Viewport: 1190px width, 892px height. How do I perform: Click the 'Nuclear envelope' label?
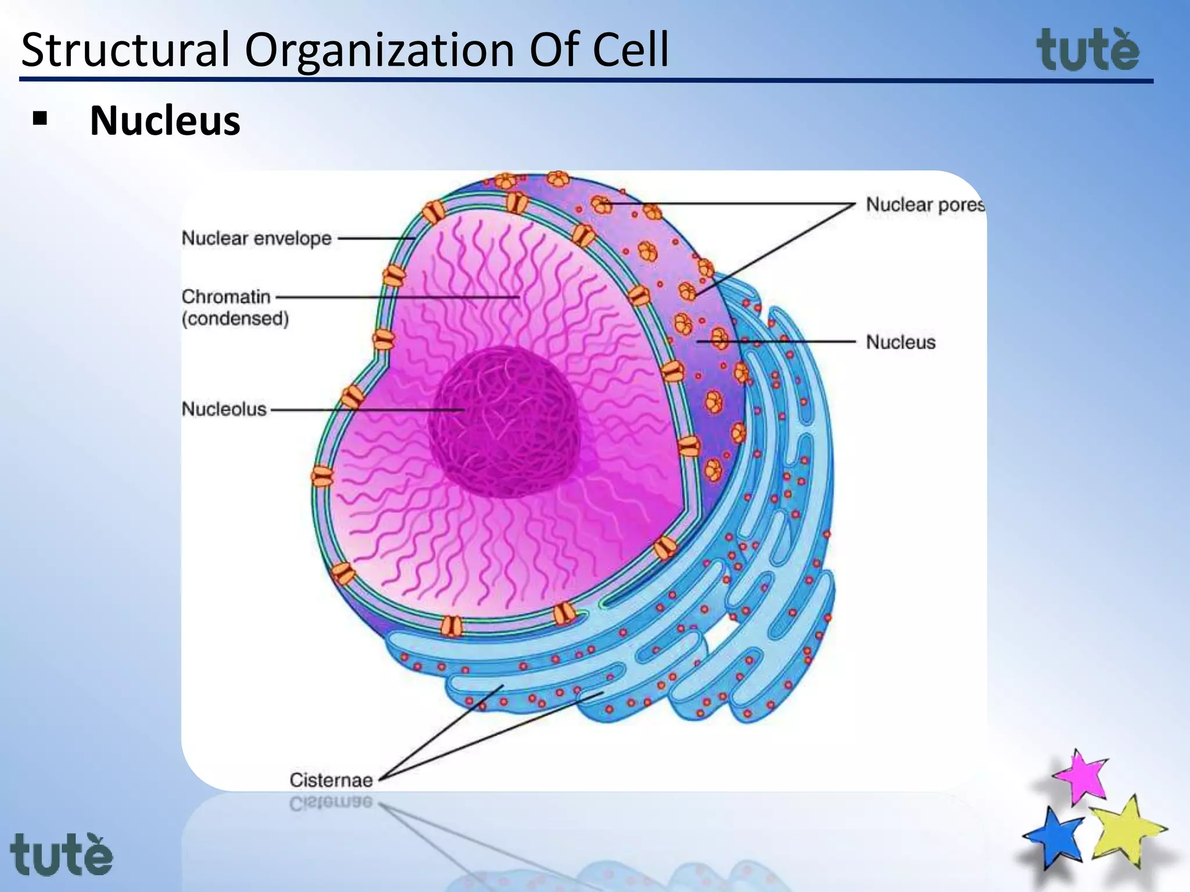point(256,239)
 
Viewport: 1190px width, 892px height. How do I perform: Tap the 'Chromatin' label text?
point(226,297)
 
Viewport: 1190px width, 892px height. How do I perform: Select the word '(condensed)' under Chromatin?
point(235,319)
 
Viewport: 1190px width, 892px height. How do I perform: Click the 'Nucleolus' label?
point(224,409)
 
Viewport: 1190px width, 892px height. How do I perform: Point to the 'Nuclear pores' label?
point(924,205)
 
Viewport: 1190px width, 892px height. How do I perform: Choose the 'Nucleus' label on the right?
point(901,342)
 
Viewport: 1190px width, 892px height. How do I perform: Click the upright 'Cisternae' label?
point(331,780)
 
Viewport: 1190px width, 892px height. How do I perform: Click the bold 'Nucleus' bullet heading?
point(165,121)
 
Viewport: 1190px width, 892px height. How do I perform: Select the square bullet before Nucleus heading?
point(40,119)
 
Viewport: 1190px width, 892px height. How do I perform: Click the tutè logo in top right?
point(1088,51)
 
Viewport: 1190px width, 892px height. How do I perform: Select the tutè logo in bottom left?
point(61,854)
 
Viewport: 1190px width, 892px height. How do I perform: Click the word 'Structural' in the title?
point(126,50)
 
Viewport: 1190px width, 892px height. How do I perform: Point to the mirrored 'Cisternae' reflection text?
point(331,803)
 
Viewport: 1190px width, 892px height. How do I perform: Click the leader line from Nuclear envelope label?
point(375,238)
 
